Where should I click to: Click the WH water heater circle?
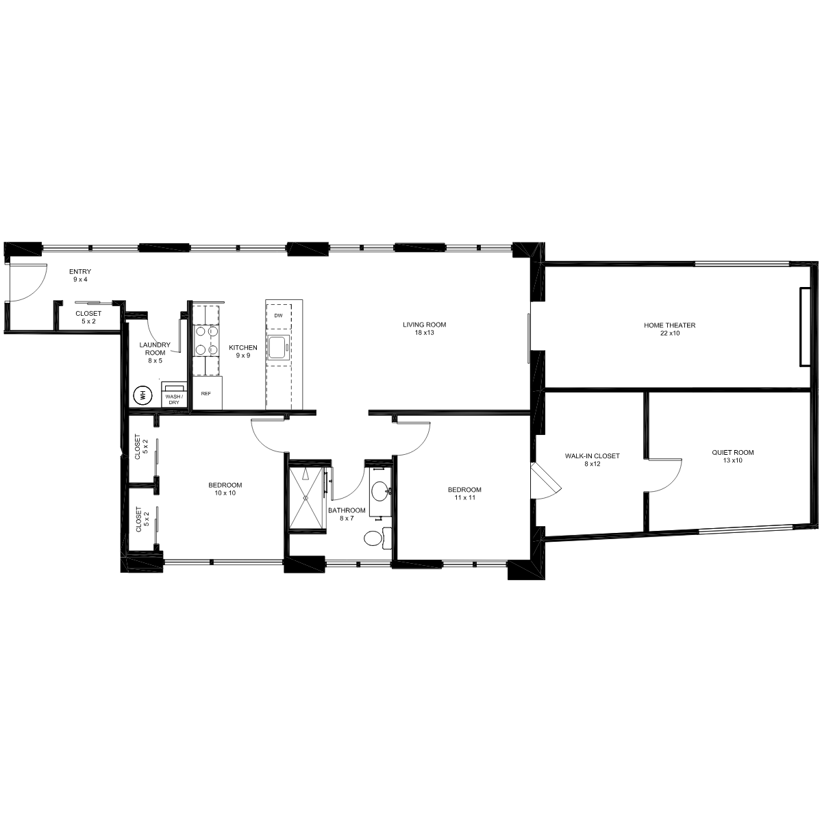[x=143, y=395]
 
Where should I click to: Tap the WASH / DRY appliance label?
[x=174, y=399]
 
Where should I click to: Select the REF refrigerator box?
[x=207, y=393]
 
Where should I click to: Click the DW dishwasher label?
[x=279, y=316]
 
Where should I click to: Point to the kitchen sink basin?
[x=279, y=347]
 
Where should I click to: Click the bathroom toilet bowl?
[x=373, y=538]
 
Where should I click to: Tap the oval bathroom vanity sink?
[x=379, y=491]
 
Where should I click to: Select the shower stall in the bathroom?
[x=306, y=497]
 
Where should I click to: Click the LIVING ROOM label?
[x=425, y=325]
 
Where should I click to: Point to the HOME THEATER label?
[x=670, y=325]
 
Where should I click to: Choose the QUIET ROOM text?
[x=733, y=452]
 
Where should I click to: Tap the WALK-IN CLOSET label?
[x=592, y=456]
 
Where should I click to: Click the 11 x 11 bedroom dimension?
[x=464, y=497]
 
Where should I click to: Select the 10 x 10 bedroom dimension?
[x=225, y=493]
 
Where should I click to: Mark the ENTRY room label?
[x=80, y=271]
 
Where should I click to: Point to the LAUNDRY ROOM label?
[x=155, y=349]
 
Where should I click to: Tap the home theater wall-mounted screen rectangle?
[x=804, y=327]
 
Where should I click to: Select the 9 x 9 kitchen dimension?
[x=243, y=356]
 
